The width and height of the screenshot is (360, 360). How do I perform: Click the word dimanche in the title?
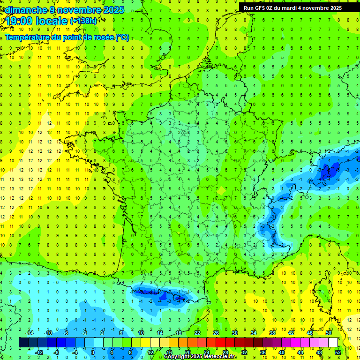pos(23,9)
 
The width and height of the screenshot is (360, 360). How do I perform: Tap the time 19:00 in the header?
pos(22,22)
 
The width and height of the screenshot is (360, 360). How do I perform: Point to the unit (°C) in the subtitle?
pos(122,37)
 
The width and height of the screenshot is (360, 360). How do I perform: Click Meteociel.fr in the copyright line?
pos(220,357)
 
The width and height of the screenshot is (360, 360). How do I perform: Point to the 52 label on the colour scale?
pos(338,352)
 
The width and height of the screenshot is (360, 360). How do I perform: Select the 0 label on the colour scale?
pos(93,352)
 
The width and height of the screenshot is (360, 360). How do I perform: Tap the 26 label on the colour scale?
pos(216,333)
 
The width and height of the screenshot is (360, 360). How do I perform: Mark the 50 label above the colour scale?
pos(328,333)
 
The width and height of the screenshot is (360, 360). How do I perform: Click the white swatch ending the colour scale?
pos(333,343)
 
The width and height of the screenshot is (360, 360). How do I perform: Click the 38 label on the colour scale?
pos(272,333)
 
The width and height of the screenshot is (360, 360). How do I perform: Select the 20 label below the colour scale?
pos(187,352)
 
